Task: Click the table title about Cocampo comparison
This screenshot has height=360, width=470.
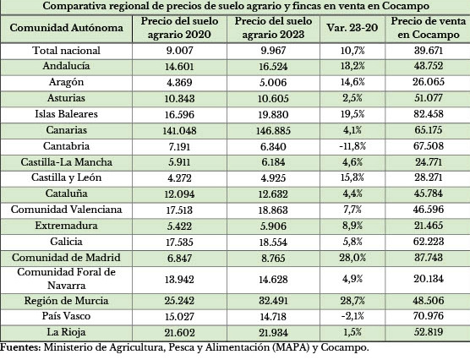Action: tap(234, 6)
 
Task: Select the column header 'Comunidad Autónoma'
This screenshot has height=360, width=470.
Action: tap(67, 28)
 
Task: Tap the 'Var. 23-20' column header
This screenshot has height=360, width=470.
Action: tap(353, 28)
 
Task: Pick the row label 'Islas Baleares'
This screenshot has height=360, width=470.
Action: tap(67, 113)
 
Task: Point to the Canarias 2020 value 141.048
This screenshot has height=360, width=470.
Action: tap(182, 129)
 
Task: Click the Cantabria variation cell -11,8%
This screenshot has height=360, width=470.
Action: tap(353, 145)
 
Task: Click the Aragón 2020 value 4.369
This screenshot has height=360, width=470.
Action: tap(182, 83)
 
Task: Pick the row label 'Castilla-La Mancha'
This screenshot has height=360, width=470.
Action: tap(67, 161)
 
